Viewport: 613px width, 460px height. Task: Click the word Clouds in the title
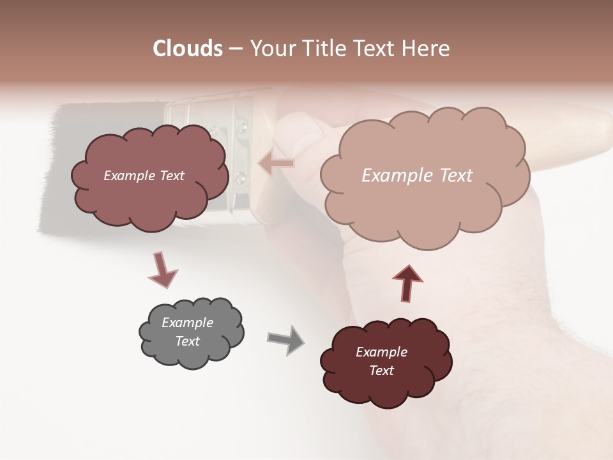(x=188, y=49)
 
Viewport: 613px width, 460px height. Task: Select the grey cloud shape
(x=191, y=332)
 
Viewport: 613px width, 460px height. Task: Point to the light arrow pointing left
(x=276, y=164)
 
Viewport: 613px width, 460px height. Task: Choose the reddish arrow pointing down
(x=162, y=271)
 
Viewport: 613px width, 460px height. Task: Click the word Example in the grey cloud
(x=187, y=323)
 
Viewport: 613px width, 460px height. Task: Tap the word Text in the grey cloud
(x=187, y=341)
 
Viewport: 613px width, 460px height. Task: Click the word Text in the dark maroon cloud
(x=381, y=371)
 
